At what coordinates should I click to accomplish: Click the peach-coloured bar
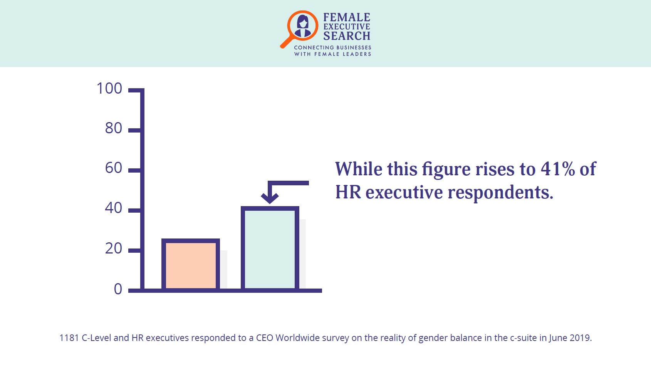[191, 265]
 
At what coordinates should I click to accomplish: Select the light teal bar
[270, 248]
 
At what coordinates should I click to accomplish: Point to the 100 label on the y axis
[109, 88]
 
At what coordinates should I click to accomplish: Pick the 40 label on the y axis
[114, 208]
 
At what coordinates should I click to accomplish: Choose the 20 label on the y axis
[114, 248]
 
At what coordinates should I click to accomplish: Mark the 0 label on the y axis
[118, 289]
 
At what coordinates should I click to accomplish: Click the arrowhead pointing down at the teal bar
[270, 198]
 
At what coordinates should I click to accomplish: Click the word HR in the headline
[348, 192]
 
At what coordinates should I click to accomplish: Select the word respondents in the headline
[500, 193]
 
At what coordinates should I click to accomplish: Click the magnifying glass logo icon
[299, 29]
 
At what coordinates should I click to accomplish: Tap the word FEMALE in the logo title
[347, 17]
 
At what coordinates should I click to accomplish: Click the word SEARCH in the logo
[347, 36]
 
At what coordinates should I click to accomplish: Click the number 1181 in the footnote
[69, 338]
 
